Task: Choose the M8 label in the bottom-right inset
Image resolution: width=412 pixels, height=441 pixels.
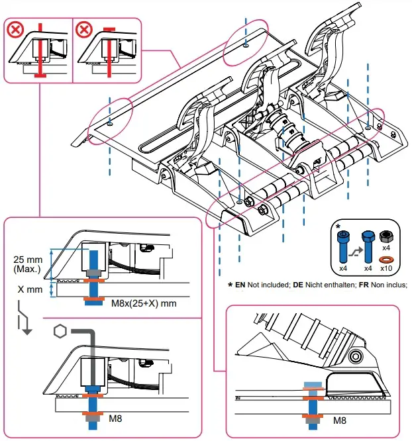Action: pos(340,420)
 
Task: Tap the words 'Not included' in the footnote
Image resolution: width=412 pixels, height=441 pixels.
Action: pos(264,285)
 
